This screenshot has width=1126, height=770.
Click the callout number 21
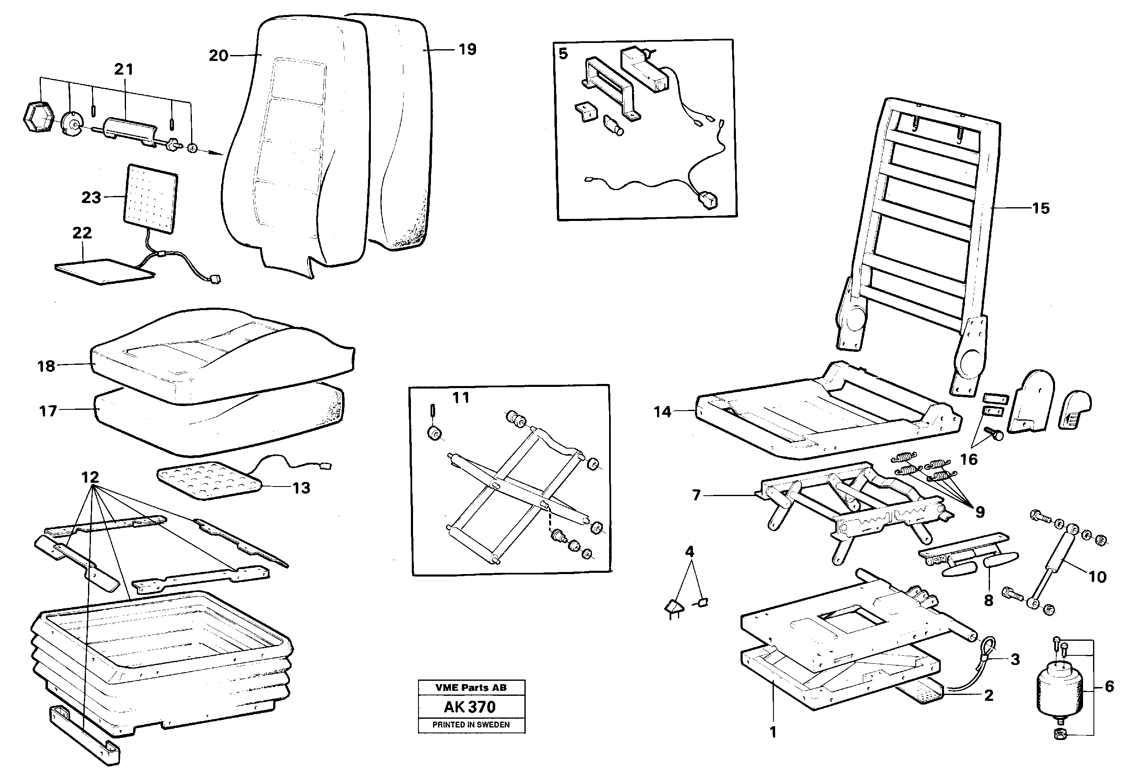pos(123,69)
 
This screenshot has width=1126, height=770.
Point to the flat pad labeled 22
pos(104,271)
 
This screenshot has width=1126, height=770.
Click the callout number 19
pos(468,49)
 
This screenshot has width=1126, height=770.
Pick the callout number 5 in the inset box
pos(563,53)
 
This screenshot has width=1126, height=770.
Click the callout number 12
pos(90,477)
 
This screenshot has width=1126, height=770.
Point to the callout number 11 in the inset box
pos(461,398)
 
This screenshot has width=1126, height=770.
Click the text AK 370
pos(470,707)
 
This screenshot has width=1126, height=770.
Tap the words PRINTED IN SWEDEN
pos(471,725)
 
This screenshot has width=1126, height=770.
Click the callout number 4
pos(690,552)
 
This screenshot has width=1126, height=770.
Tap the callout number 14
pos(663,412)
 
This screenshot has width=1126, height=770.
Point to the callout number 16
pos(969,459)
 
